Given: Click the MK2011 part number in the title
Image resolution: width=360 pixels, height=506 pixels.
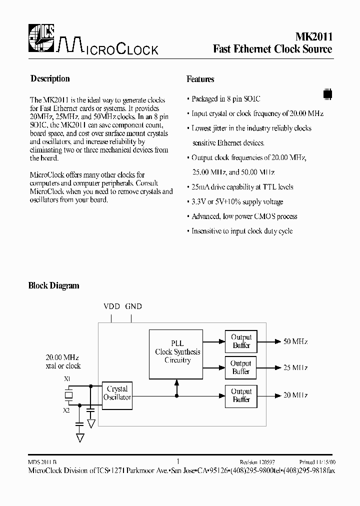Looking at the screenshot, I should click(x=311, y=36).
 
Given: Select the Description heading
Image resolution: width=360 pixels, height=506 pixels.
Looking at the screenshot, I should click(x=50, y=78).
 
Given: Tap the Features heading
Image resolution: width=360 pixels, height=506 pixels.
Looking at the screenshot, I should click(x=200, y=79).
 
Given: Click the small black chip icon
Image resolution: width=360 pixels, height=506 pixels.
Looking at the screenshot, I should click(x=327, y=93).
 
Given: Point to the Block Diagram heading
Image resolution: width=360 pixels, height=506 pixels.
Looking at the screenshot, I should click(x=53, y=286).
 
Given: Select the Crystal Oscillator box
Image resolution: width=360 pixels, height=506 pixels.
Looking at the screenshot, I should click(x=117, y=393).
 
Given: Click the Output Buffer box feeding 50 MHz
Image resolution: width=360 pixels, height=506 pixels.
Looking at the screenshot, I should click(x=241, y=341).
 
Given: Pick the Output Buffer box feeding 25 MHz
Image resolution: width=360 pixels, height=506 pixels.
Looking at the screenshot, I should click(x=241, y=367).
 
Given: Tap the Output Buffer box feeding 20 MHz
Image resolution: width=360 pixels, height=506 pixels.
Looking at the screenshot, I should click(x=241, y=395).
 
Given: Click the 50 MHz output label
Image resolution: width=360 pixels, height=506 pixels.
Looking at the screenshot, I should click(x=295, y=341).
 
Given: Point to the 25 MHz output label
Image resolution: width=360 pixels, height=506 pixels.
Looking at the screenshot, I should click(x=295, y=368).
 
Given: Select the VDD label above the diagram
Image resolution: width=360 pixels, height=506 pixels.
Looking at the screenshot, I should click(x=111, y=306).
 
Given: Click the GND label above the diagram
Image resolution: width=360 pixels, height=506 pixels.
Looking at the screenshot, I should click(x=133, y=306).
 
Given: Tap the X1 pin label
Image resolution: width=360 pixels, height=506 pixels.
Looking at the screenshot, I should click(x=67, y=379).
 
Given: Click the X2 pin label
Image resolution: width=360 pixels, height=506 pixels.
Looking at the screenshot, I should click(x=67, y=409).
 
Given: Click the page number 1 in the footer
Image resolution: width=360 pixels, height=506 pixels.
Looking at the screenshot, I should click(x=178, y=462).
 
